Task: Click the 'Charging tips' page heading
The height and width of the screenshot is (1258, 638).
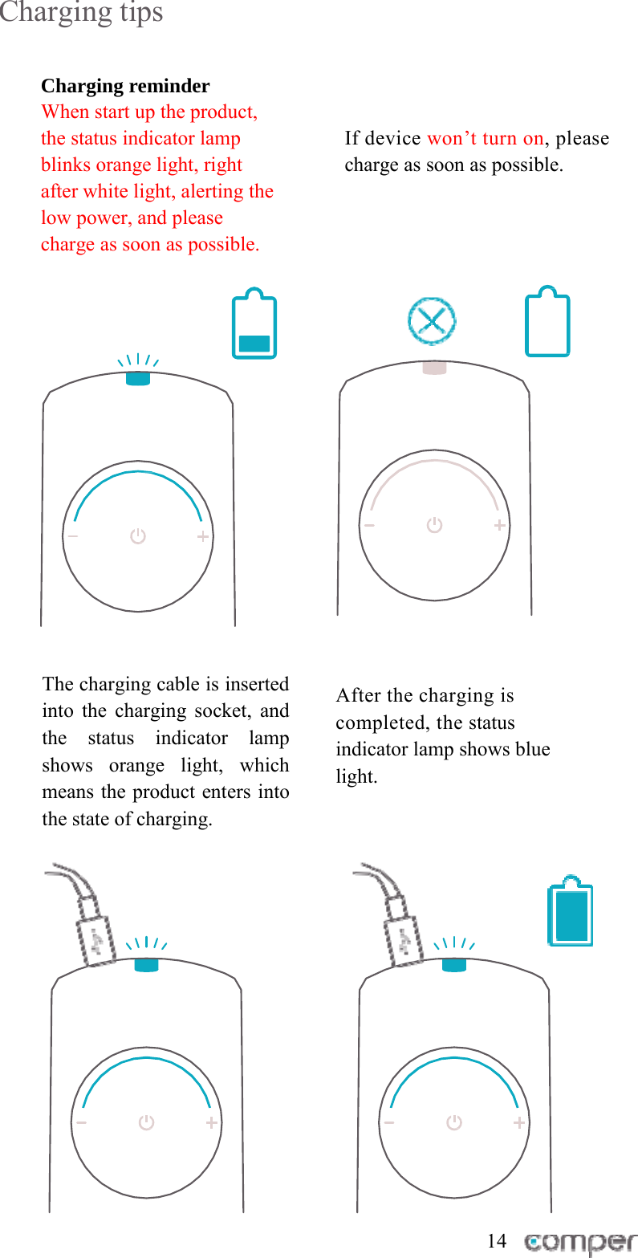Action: (81, 14)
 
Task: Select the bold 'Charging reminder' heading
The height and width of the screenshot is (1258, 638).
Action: (125, 86)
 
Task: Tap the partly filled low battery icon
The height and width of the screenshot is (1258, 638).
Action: (254, 324)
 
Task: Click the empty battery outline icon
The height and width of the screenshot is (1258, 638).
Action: (547, 323)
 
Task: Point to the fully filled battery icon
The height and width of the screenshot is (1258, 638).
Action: (571, 911)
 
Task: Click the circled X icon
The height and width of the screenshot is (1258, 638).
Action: (432, 322)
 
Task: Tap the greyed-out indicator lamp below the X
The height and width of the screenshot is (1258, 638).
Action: (434, 368)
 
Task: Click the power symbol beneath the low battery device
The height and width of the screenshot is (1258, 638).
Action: (138, 536)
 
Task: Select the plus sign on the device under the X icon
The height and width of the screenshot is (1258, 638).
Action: (500, 525)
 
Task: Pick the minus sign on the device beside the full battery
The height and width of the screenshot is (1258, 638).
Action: (389, 1123)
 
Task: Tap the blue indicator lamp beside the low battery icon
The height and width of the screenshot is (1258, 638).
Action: (138, 379)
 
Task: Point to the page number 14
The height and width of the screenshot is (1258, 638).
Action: (497, 1240)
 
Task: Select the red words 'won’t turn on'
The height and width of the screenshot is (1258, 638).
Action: (485, 138)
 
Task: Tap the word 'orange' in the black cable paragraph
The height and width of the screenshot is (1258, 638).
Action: (136, 765)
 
